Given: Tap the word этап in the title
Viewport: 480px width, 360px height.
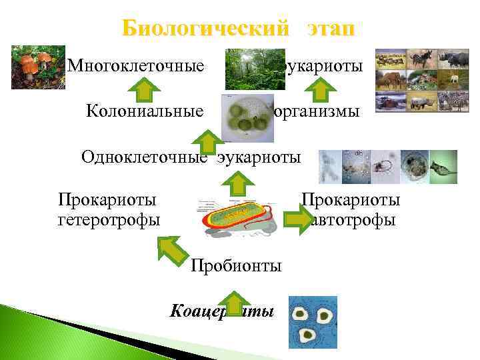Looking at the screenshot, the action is coord(331,30).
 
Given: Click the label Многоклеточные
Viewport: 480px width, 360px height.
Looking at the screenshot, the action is coord(135,66).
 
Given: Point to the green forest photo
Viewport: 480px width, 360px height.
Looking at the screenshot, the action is coord(245,69).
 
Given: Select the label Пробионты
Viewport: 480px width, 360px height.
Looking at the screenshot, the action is coord(236,266).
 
